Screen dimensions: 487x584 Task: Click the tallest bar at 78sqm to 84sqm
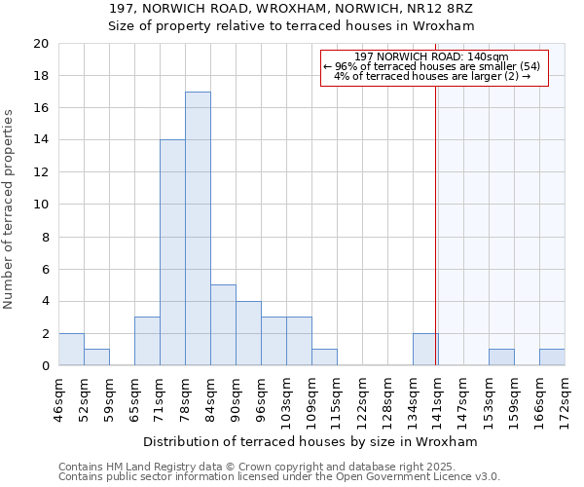[x=198, y=229]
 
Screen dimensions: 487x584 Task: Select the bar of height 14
[x=172, y=253]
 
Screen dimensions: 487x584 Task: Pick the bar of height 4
[x=248, y=333]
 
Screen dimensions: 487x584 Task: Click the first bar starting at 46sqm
[x=71, y=350]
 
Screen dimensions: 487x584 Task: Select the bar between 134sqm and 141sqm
[x=425, y=350]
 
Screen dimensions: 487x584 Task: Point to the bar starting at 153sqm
[x=501, y=357]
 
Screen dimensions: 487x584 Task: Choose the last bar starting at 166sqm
[x=552, y=357]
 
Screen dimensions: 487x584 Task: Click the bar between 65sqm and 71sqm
[x=147, y=341]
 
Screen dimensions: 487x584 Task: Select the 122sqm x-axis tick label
[x=362, y=395]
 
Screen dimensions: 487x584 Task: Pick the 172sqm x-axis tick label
[x=565, y=395]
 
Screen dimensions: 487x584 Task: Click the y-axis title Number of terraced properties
[x=10, y=209]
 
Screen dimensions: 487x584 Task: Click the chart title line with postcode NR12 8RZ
[x=292, y=8]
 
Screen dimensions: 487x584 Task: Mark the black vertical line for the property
[x=435, y=224]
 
